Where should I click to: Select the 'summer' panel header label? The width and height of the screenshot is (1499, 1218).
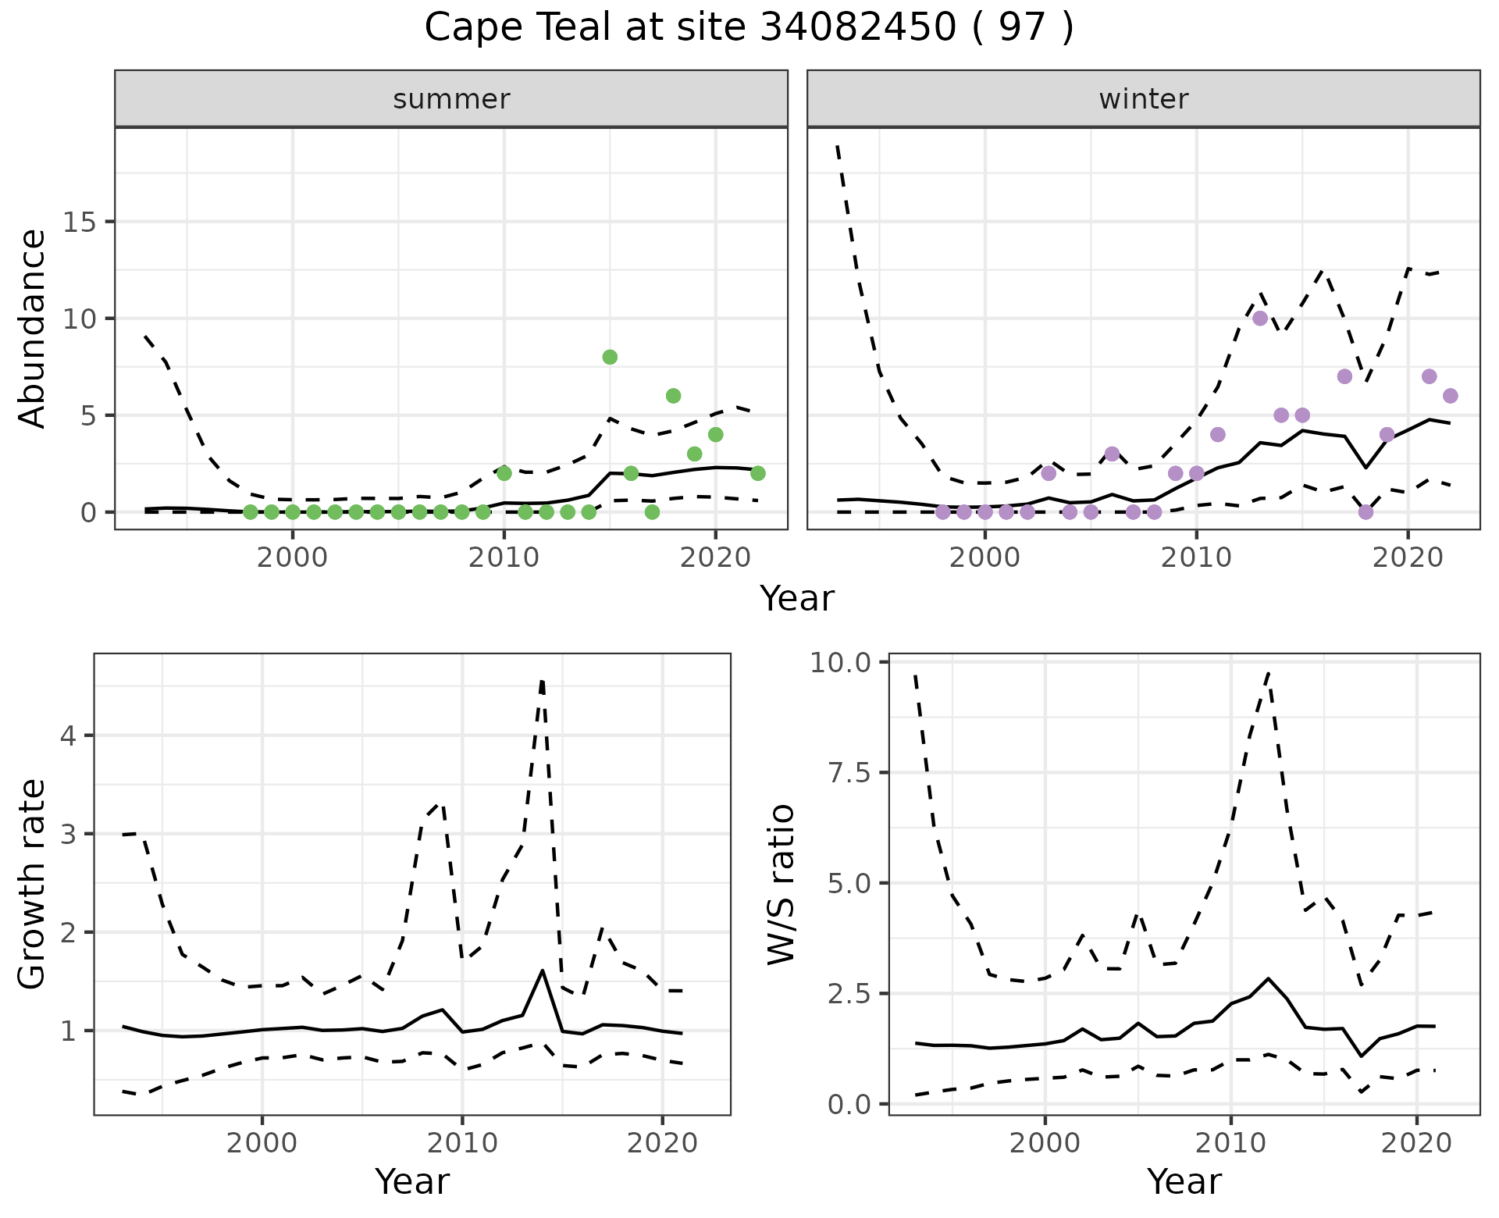click(451, 99)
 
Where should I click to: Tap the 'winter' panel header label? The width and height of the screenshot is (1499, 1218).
click(1143, 99)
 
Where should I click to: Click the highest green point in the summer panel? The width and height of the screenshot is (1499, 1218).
click(610, 357)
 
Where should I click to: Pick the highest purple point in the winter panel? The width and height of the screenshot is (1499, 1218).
click(1259, 319)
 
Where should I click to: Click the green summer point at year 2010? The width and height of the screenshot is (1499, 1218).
click(504, 473)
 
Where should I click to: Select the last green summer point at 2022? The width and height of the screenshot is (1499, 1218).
click(757, 473)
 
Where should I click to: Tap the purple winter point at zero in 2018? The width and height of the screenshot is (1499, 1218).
click(1365, 512)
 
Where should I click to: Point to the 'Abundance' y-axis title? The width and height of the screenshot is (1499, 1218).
click(33, 328)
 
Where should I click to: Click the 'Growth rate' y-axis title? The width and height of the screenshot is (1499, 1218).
click(33, 884)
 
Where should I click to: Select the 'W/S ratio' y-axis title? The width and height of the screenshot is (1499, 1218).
click(781, 884)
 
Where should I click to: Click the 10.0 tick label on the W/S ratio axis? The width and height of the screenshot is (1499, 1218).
click(840, 663)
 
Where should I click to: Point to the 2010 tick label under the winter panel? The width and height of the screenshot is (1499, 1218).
click(1195, 558)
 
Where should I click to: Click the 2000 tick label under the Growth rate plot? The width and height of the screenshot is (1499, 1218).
click(262, 1144)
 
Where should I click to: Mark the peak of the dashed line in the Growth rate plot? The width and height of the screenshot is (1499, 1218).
click(542, 681)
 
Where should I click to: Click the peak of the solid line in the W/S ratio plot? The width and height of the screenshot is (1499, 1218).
click(1268, 978)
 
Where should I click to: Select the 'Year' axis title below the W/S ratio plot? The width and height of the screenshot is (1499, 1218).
click(1184, 1181)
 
